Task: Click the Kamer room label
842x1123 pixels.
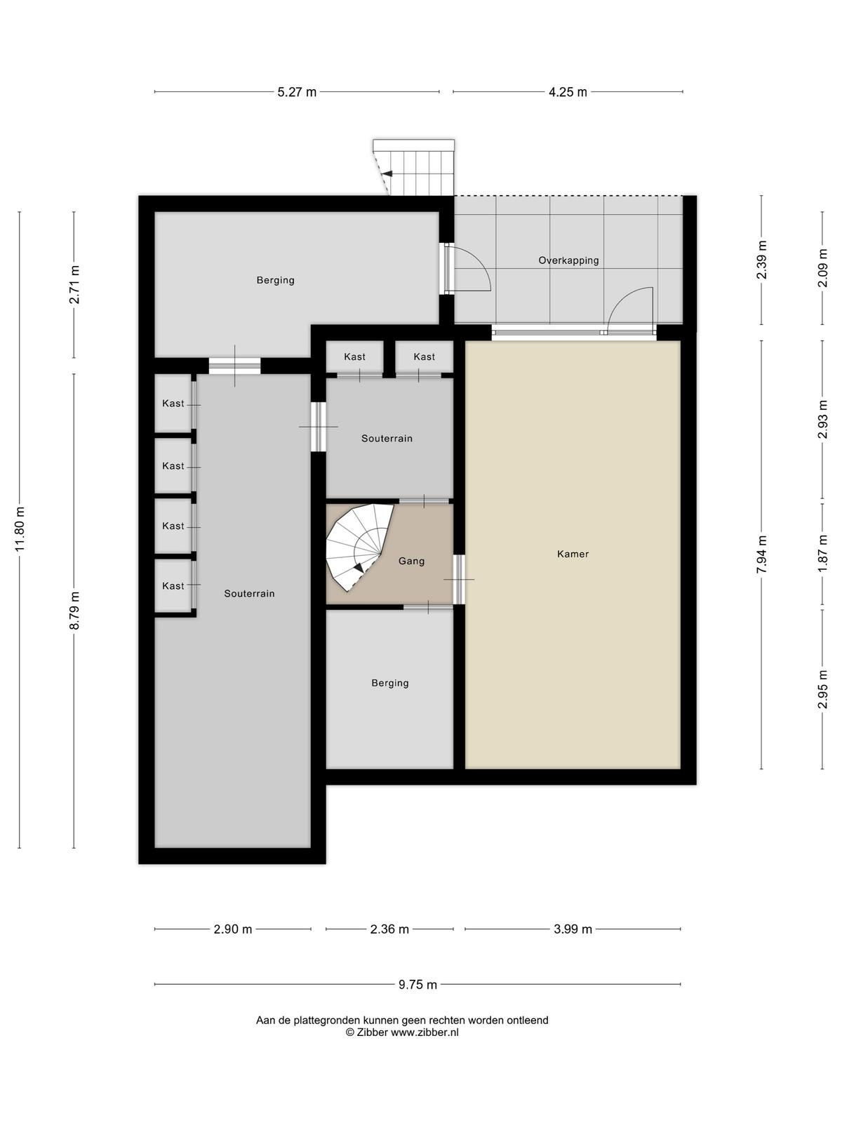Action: coord(573,554)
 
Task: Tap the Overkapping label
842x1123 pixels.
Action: coord(568,260)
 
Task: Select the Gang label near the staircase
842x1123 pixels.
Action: coord(412,561)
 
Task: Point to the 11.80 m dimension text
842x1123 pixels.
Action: coord(20,529)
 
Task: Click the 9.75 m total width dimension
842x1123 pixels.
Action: coord(417,984)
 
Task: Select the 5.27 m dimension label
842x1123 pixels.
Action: coord(297,92)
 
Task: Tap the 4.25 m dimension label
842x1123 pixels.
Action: coord(568,92)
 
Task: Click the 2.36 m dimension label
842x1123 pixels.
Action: coord(389,929)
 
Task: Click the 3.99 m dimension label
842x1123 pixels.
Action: coord(573,929)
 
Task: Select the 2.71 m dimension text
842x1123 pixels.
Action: coord(74,284)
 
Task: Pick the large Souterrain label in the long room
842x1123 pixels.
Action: coord(250,594)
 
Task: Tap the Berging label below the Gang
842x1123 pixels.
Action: coord(390,683)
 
